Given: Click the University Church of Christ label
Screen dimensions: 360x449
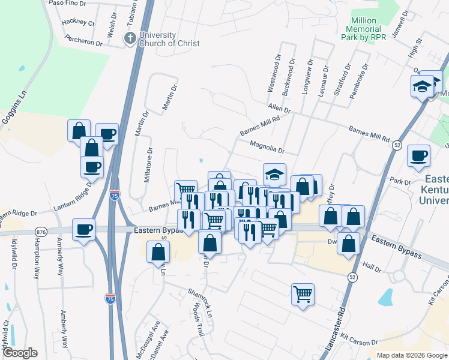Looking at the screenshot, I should click(x=169, y=39).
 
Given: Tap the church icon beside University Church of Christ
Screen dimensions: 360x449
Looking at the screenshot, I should click(x=129, y=39).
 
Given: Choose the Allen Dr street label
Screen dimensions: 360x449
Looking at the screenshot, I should click(x=279, y=109).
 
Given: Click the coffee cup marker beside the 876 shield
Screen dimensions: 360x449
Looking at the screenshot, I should click(x=83, y=229).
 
